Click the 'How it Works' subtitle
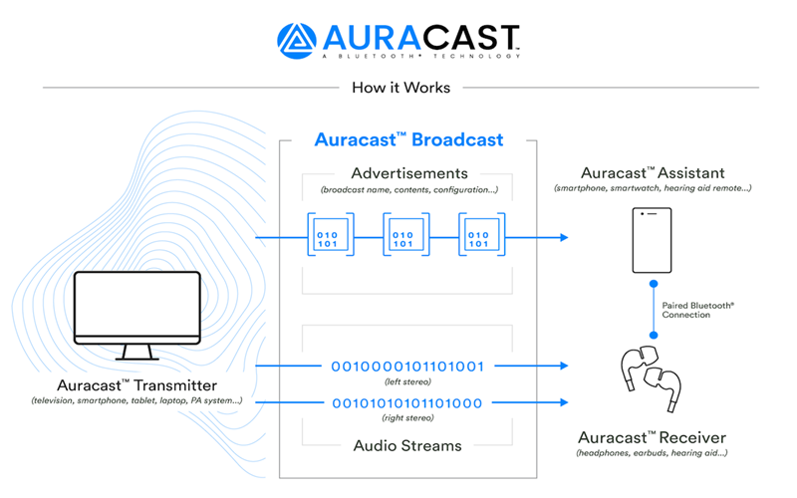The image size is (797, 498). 400,88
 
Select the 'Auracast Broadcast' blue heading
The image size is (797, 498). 408,139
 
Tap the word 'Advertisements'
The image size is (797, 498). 408,172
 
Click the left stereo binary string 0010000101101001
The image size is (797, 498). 407,367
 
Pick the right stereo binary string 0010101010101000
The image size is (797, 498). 407,402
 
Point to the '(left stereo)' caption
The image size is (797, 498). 407,381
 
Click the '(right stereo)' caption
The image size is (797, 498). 407,417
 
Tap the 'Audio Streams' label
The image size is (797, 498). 407,445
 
